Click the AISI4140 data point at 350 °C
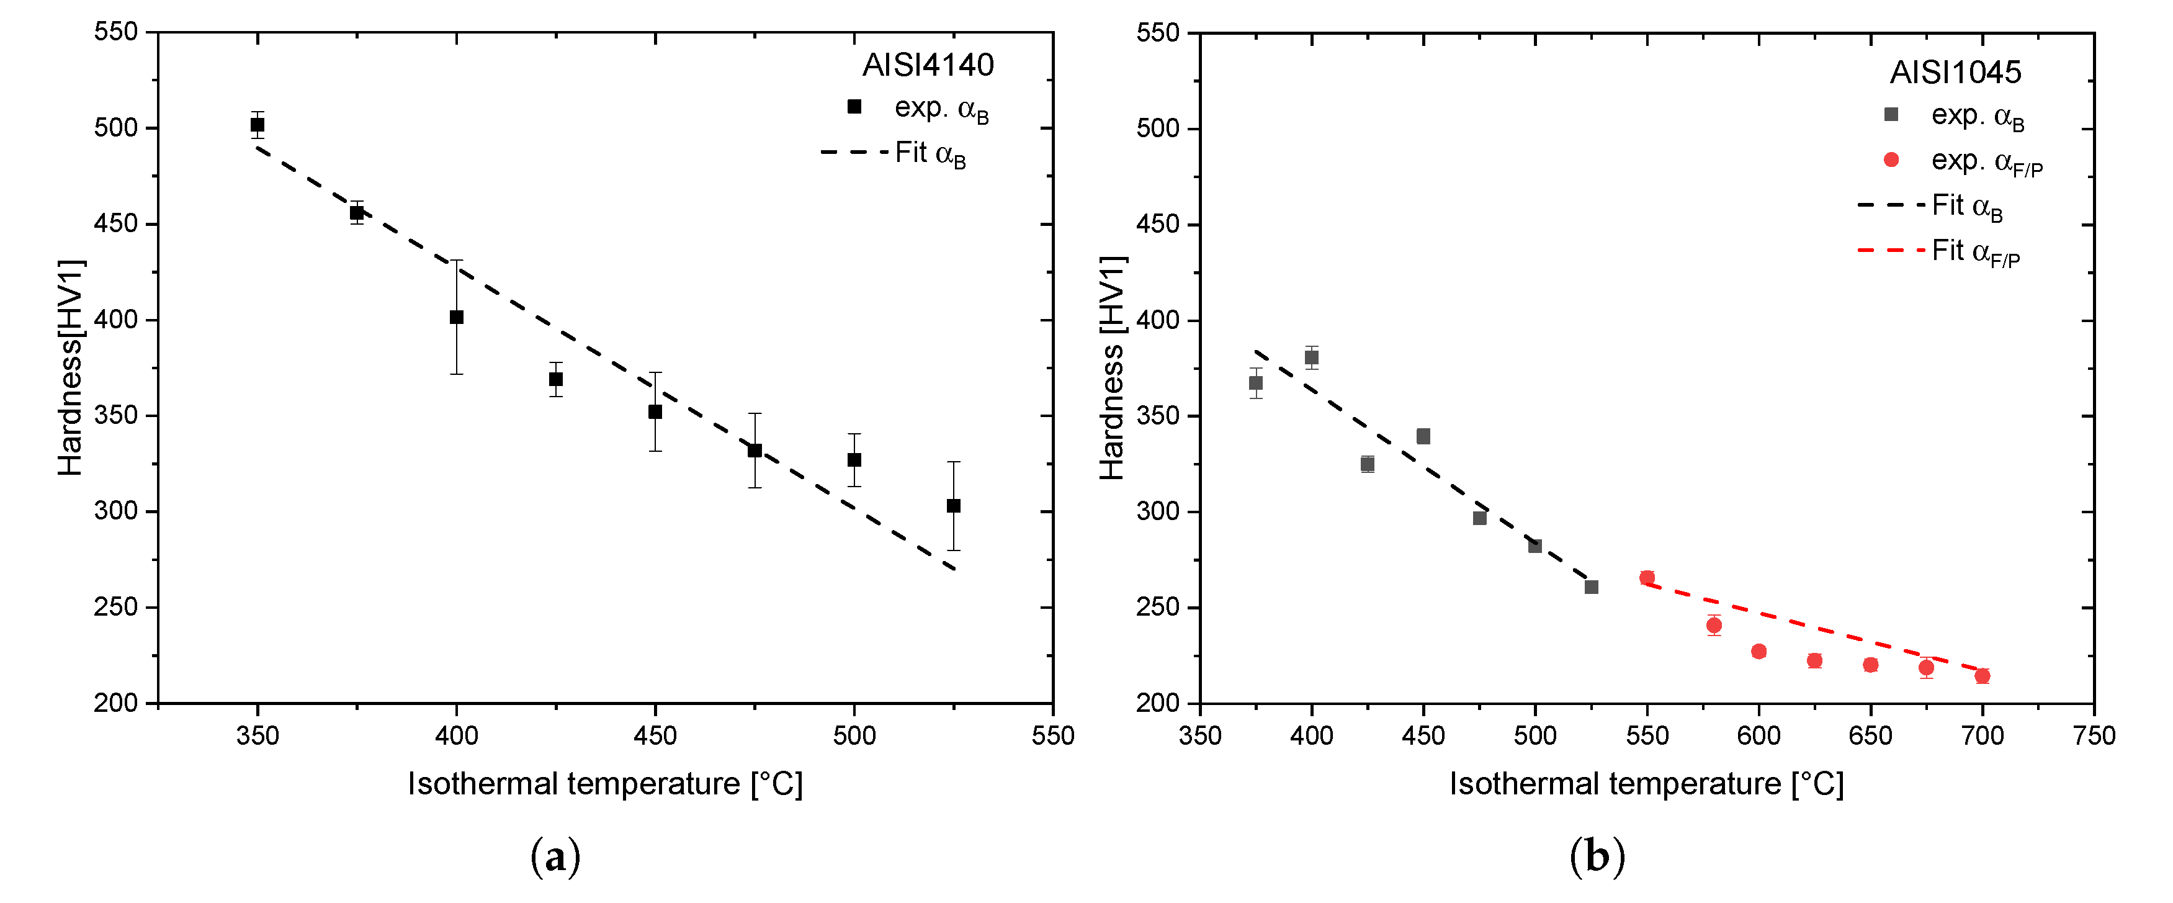[x=258, y=125]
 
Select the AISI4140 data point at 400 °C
[x=456, y=317]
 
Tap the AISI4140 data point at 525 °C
[x=953, y=506]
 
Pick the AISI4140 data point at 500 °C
[x=854, y=460]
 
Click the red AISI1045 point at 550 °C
[x=1647, y=578]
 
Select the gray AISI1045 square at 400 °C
[x=1312, y=358]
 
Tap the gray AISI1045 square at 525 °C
[x=1592, y=587]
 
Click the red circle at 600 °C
[x=1759, y=652]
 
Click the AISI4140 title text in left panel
[x=928, y=65]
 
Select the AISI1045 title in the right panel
[x=1955, y=73]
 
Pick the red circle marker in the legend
[x=1891, y=159]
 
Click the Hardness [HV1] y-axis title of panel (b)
[x=1112, y=368]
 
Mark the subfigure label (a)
[x=556, y=856]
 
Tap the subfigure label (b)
[x=1597, y=856]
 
